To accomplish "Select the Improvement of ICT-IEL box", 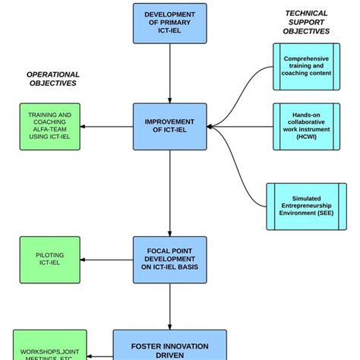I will point(169,126).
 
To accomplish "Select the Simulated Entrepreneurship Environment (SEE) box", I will point(307,206).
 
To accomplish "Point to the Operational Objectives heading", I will point(53,79).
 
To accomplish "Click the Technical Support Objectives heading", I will point(306,23).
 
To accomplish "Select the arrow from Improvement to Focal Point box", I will point(169,194).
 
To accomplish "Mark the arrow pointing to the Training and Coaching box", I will point(106,126).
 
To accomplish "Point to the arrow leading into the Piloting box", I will point(106,261).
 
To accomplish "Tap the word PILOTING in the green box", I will point(49,256).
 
